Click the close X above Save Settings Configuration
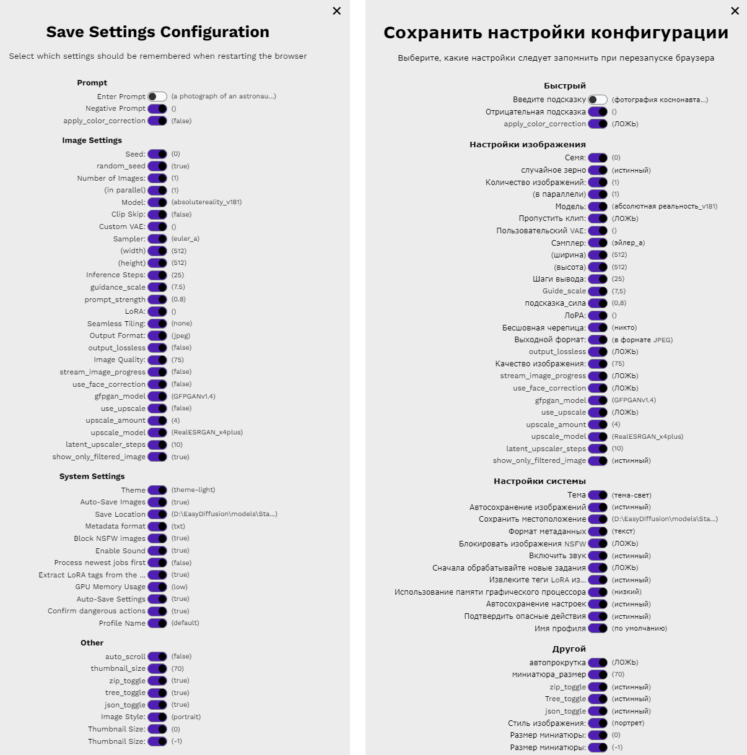click(337, 11)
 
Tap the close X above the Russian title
click(735, 11)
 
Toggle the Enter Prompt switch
click(157, 97)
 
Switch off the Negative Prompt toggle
click(157, 108)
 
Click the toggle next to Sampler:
click(157, 239)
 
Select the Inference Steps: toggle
click(157, 275)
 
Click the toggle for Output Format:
click(157, 335)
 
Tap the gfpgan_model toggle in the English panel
click(157, 396)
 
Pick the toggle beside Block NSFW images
click(157, 538)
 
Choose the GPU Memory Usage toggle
click(157, 587)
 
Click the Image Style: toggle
click(157, 717)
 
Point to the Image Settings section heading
click(92, 140)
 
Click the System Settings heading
click(92, 477)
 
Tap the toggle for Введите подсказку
click(598, 100)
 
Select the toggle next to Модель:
click(598, 206)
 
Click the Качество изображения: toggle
click(598, 364)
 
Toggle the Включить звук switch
click(598, 556)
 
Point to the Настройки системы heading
click(539, 481)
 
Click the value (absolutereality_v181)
click(206, 202)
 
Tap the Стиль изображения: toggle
click(598, 723)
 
